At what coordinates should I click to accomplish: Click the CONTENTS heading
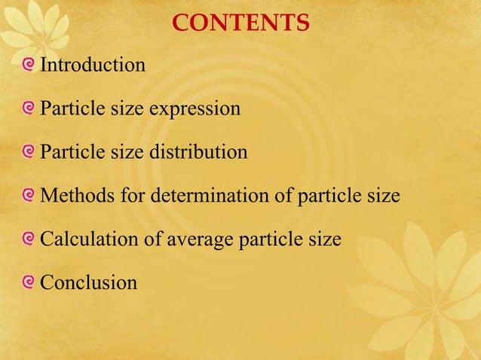(x=240, y=23)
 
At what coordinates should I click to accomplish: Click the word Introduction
(x=93, y=66)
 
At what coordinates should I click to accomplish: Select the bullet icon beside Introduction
(x=29, y=64)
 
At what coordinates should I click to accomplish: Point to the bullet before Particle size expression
(x=29, y=108)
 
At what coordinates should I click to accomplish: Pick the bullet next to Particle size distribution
(x=29, y=151)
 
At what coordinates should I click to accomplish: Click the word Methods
(x=73, y=197)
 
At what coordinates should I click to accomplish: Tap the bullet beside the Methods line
(x=29, y=195)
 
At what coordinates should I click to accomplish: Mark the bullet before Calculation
(x=29, y=239)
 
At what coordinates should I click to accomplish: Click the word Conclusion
(x=89, y=283)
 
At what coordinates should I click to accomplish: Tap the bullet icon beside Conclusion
(x=29, y=282)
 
